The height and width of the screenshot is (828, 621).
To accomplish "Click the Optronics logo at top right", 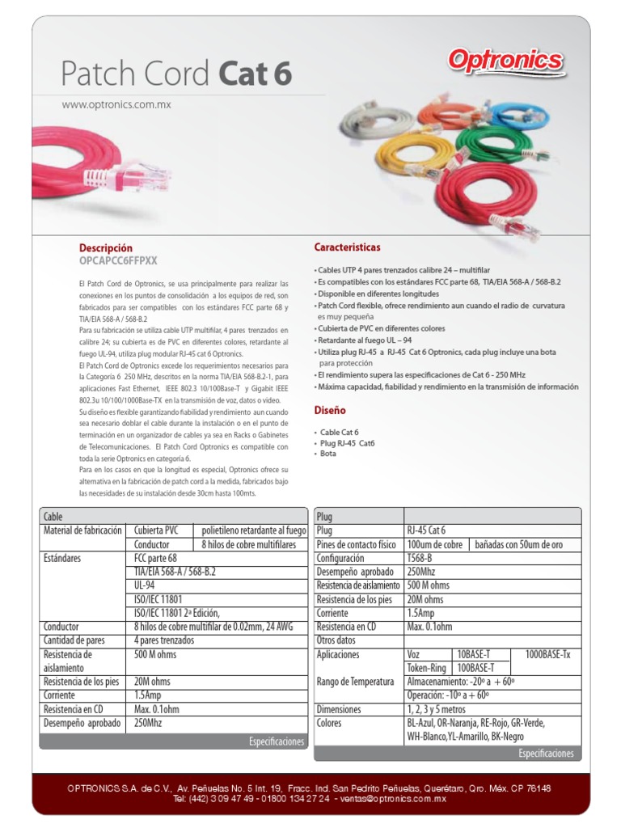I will pyautogui.click(x=506, y=61).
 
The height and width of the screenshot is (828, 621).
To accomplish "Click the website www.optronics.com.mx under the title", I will pyautogui.click(x=116, y=104).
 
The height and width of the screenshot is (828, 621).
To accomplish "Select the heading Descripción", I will pyautogui.click(x=106, y=247).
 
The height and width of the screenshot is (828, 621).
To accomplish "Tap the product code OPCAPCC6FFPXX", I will pyautogui.click(x=118, y=260).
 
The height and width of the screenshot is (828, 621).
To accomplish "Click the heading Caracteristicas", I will pyautogui.click(x=347, y=247).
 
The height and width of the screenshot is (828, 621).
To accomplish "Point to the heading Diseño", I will pyautogui.click(x=329, y=411).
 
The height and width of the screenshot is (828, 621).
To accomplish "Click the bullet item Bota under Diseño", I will pyautogui.click(x=328, y=454).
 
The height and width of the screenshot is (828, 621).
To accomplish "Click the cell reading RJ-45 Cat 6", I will pyautogui.click(x=426, y=530).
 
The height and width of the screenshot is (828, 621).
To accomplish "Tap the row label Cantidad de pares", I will pyautogui.click(x=74, y=640).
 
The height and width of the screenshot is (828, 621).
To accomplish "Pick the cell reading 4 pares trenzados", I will pyautogui.click(x=164, y=640).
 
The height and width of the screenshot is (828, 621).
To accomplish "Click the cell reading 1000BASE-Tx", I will pyautogui.click(x=547, y=654).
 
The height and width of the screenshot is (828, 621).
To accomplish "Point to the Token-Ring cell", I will pyautogui.click(x=427, y=668).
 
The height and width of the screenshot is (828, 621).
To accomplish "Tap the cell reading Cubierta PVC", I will pyautogui.click(x=157, y=530).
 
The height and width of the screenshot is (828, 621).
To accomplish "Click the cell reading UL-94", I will pyautogui.click(x=146, y=585).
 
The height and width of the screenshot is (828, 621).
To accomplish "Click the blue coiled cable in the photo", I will pyautogui.click(x=518, y=115).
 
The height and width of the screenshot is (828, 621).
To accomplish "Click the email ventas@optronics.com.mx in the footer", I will pyautogui.click(x=393, y=799).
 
